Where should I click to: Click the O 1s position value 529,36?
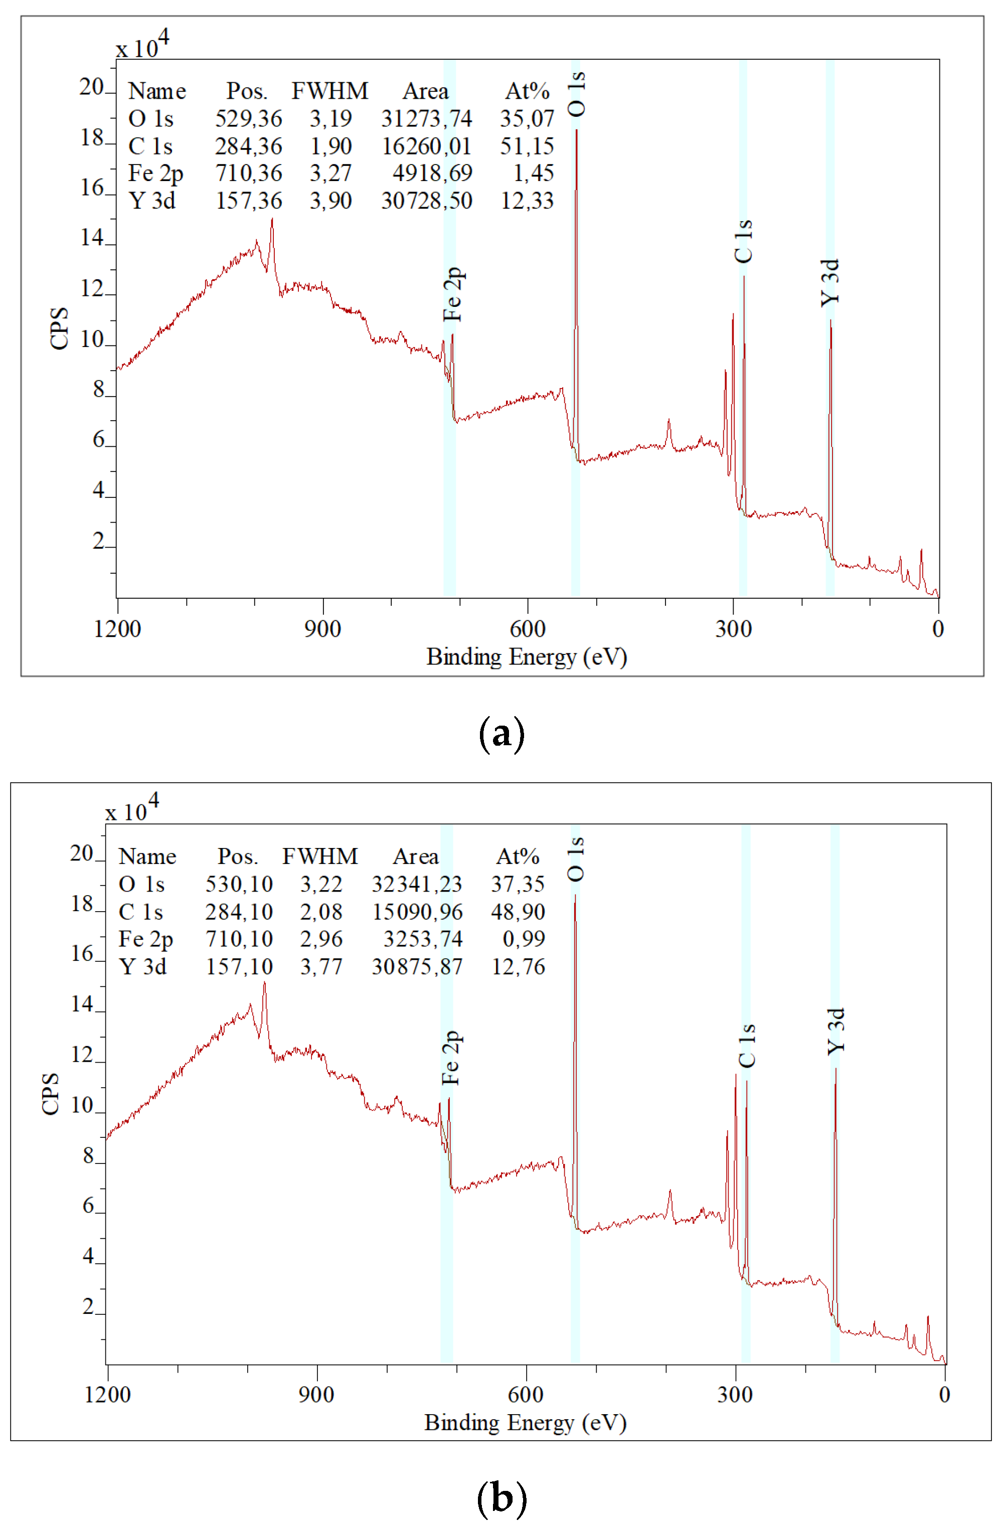tap(248, 119)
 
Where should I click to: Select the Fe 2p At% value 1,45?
tap(533, 174)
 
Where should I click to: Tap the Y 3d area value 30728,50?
tap(426, 201)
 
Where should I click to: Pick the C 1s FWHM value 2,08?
tap(321, 912)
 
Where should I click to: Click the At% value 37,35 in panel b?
tap(518, 884)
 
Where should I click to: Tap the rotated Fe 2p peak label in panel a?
tap(453, 294)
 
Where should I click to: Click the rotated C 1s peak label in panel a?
tap(743, 242)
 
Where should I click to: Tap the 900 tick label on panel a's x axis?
tap(323, 629)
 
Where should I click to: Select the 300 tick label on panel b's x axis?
tap(735, 1395)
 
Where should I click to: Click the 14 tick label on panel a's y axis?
tap(92, 239)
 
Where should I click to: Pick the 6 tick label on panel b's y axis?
tap(88, 1206)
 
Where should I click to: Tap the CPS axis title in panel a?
tap(59, 328)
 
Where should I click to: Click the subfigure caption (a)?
tap(502, 734)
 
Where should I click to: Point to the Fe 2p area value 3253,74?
tap(422, 939)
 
